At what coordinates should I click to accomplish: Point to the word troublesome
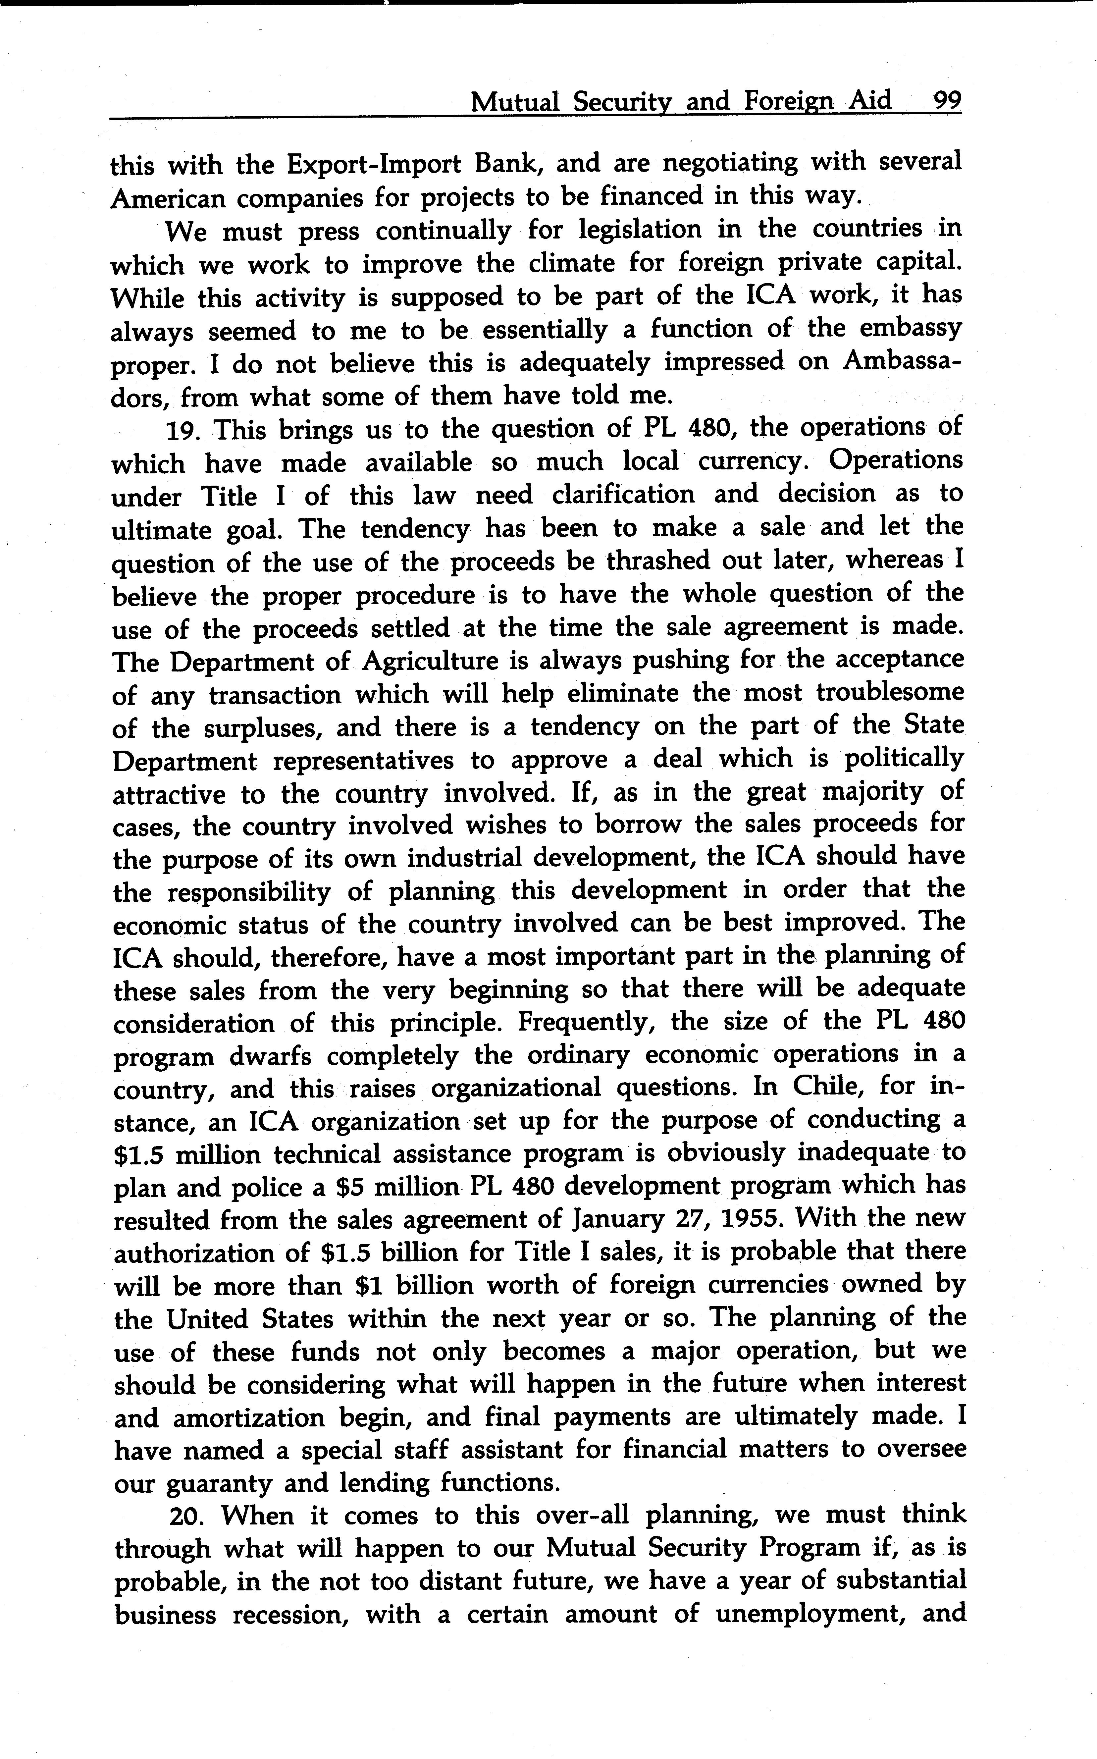point(890,694)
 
